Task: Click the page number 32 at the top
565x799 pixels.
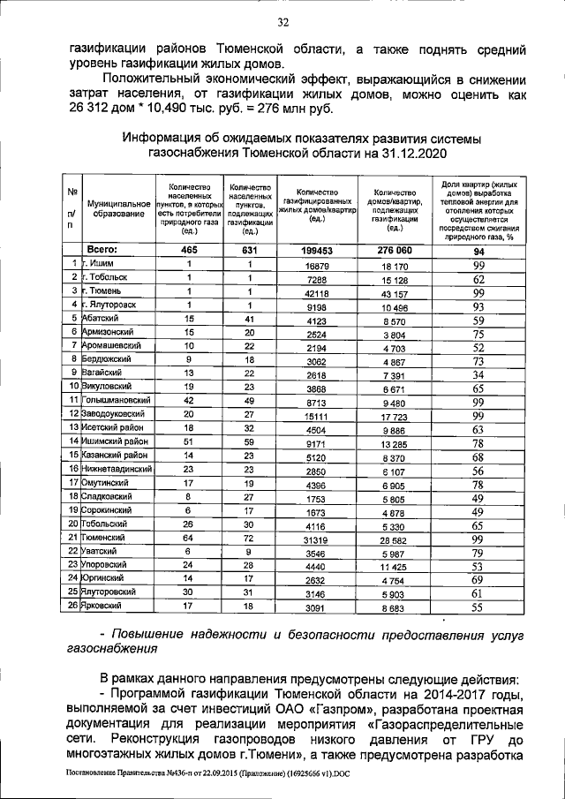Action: click(x=282, y=22)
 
